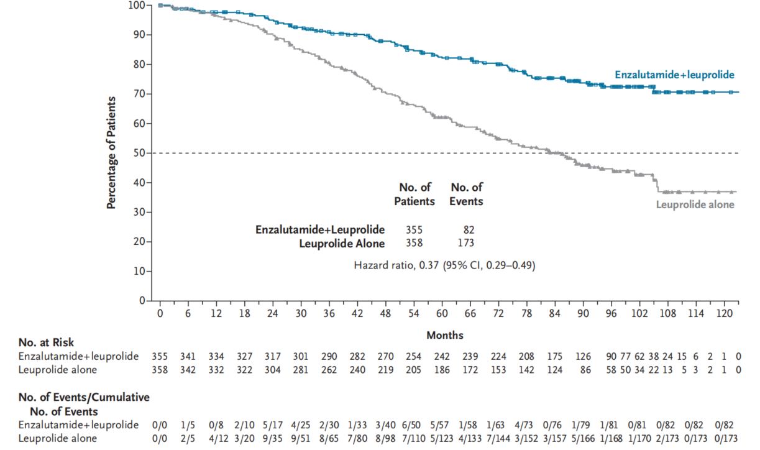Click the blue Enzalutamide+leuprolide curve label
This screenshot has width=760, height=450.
(674, 75)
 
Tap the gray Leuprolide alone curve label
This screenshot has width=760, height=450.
(695, 204)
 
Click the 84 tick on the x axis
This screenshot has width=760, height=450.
(555, 313)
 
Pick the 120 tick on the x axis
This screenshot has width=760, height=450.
(725, 313)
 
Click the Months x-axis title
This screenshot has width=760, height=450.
(444, 336)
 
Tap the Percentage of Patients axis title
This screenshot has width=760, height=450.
(112, 152)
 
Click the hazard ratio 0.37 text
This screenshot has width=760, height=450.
(444, 265)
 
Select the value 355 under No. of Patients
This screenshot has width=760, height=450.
(414, 229)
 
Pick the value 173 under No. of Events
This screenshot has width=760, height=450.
(465, 243)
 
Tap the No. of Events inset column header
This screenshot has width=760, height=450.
(466, 193)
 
